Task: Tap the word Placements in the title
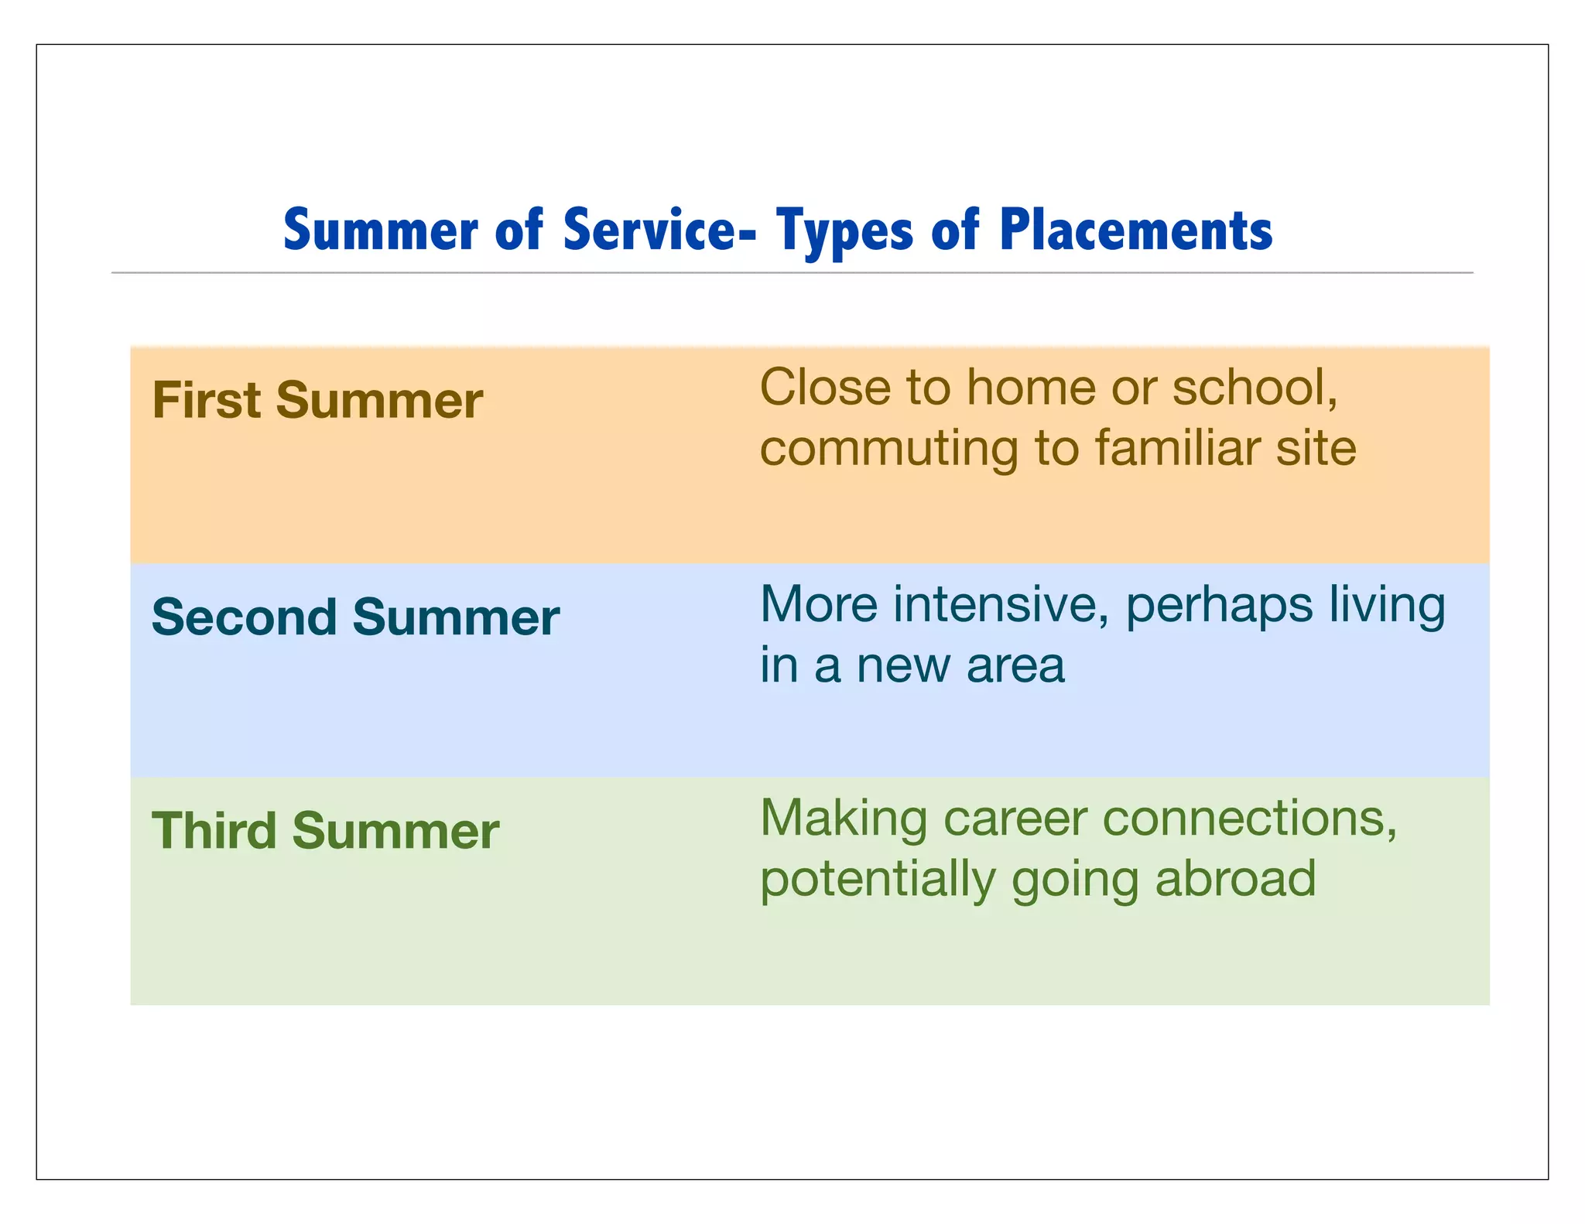pyautogui.click(x=1135, y=230)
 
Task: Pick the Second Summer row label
pyautogui.click(x=355, y=617)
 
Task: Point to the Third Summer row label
pyautogui.click(x=325, y=831)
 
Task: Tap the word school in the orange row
pyautogui.click(x=1254, y=387)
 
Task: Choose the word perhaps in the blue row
pyautogui.click(x=1219, y=605)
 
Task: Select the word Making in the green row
pyautogui.click(x=844, y=819)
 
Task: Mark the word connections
pyautogui.click(x=1249, y=819)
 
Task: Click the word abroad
pyautogui.click(x=1235, y=879)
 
